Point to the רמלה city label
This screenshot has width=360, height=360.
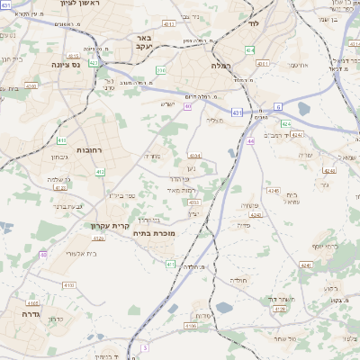click(221, 66)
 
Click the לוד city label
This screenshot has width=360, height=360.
click(252, 23)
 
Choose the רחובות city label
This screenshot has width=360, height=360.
click(92, 150)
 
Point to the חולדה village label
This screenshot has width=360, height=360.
click(239, 281)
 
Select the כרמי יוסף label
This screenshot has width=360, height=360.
click(326, 246)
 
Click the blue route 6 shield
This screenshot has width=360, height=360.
click(278, 106)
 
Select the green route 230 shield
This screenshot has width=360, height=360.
click(160, 69)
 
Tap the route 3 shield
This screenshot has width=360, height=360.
click(143, 347)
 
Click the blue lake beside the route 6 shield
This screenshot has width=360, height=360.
click(301, 109)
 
